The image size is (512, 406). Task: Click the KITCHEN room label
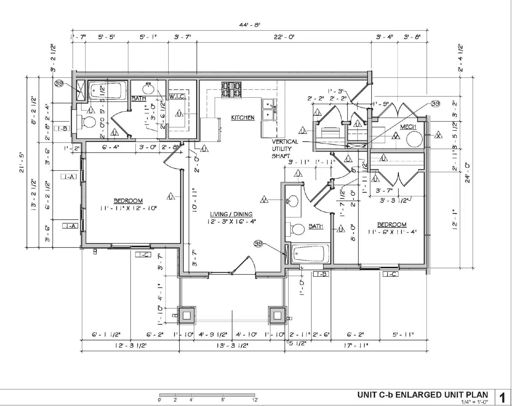pyautogui.click(x=243, y=118)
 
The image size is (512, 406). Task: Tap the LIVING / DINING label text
pyautogui.click(x=231, y=214)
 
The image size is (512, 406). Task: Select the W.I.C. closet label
pyautogui.click(x=177, y=96)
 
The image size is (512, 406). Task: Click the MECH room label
pyautogui.click(x=408, y=127)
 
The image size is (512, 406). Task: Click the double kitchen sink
pyautogui.click(x=268, y=110)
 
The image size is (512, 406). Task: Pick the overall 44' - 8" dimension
pyautogui.click(x=250, y=25)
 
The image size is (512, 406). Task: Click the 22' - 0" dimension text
pyautogui.click(x=284, y=37)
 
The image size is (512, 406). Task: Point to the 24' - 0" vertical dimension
pyautogui.click(x=468, y=173)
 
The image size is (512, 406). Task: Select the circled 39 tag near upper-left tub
pyautogui.click(x=59, y=84)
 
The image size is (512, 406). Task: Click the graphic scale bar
pyautogui.click(x=207, y=395)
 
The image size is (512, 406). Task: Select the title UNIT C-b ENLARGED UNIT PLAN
pyautogui.click(x=422, y=395)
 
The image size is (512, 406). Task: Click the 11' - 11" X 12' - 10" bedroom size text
pyautogui.click(x=128, y=208)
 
